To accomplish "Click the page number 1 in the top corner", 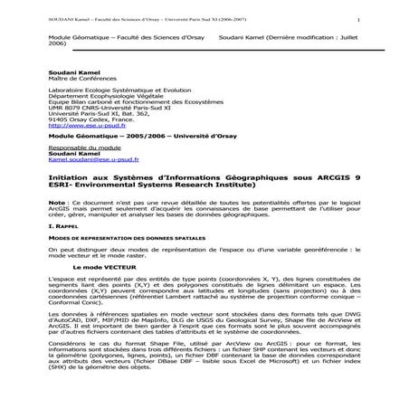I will point(359,19).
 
